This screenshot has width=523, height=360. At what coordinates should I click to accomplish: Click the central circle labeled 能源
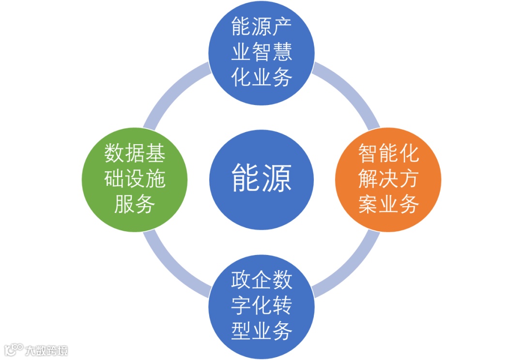261,180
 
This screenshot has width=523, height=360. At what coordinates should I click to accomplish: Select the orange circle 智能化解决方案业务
388,180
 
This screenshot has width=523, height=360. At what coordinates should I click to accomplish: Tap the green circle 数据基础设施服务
135,180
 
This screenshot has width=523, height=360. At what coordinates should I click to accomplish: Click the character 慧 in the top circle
282,52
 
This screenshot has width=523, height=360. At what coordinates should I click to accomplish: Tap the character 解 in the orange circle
368,180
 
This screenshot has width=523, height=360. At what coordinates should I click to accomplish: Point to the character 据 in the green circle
135,154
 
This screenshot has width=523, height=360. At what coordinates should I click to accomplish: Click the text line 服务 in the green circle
135,205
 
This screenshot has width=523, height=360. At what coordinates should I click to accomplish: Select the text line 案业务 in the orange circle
388,205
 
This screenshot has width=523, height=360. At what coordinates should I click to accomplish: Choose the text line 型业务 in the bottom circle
261,332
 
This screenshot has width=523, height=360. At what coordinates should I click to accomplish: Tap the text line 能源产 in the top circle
261,27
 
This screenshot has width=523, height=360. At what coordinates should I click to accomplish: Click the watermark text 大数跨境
46,350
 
